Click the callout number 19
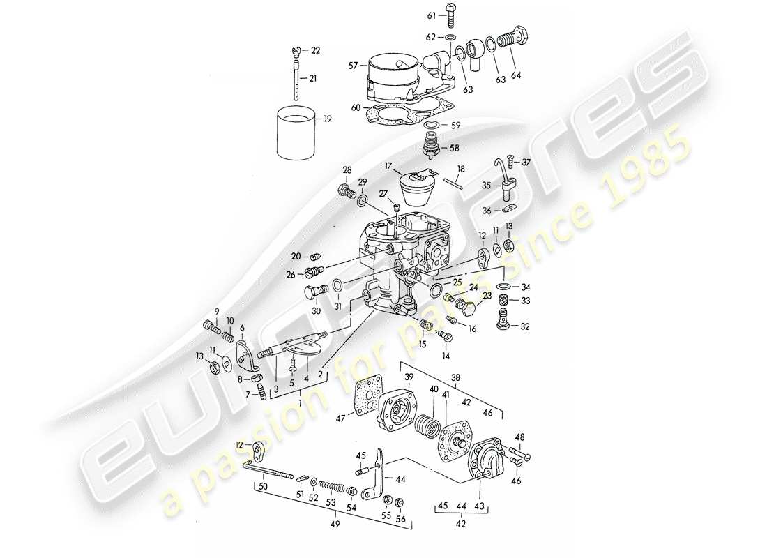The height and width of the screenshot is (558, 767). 327,119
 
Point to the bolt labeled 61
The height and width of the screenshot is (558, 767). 448,16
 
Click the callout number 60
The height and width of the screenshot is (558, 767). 356,107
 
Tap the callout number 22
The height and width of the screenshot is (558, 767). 316,51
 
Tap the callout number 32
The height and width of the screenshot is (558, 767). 525,326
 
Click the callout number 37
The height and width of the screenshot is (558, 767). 526,163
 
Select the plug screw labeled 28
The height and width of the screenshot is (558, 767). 344,190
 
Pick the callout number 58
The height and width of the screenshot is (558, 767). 455,149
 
